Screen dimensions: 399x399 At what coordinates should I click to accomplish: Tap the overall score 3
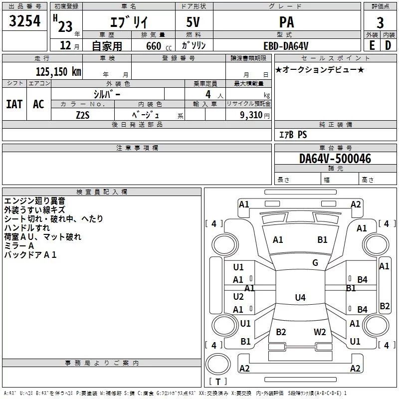[x=380, y=23]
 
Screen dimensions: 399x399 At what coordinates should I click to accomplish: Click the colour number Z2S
[x=83, y=114]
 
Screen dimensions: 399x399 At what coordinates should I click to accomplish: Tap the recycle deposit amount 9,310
[x=252, y=115]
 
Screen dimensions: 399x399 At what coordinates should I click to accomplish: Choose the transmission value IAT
[x=14, y=104]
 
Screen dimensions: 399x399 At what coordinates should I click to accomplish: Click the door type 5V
[x=194, y=22]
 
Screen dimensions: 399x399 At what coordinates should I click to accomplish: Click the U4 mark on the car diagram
[x=300, y=298]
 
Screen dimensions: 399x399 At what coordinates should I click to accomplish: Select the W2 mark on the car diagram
[x=320, y=332]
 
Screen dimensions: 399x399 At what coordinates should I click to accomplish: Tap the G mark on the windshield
[x=315, y=263]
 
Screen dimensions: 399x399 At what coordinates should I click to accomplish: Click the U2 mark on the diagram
[x=238, y=297]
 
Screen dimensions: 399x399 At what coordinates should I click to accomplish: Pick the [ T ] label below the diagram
[x=217, y=382]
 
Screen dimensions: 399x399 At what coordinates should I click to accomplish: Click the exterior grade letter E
[x=372, y=45]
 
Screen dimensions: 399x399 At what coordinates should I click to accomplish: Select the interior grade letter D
[x=388, y=45]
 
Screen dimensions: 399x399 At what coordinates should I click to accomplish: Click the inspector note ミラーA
[x=19, y=246]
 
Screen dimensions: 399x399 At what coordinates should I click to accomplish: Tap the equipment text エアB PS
[x=293, y=135]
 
